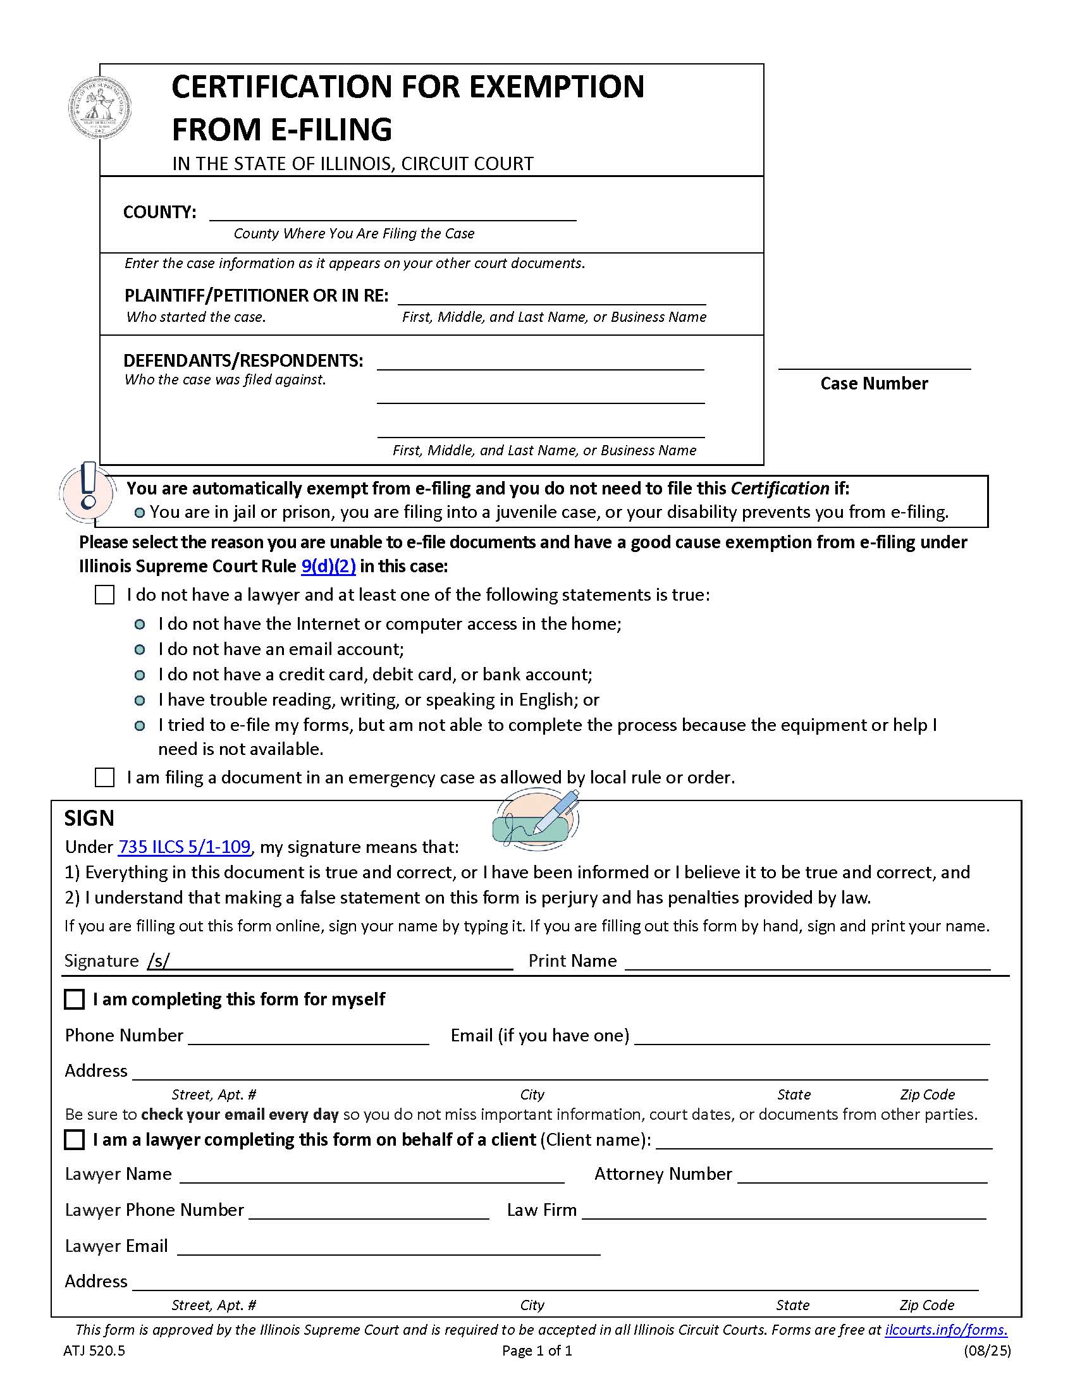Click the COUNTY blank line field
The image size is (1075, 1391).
(392, 212)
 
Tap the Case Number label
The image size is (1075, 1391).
(874, 383)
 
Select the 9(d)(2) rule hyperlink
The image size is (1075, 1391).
(328, 567)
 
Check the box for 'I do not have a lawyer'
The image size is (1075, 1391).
(104, 595)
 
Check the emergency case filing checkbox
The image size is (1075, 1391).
(104, 778)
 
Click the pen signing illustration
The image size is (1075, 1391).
(537, 819)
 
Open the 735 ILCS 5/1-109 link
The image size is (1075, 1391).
(184, 847)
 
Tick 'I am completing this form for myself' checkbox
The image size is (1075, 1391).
(75, 999)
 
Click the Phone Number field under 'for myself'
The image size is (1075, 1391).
(308, 1036)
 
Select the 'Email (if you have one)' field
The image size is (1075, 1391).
(811, 1036)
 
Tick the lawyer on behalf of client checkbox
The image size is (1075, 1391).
(75, 1139)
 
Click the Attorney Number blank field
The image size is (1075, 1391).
(862, 1175)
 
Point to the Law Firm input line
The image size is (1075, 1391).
(783, 1211)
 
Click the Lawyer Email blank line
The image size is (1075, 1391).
(388, 1247)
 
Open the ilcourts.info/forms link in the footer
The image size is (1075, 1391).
(946, 1330)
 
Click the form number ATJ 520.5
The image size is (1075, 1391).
(94, 1351)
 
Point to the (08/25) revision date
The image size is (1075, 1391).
(986, 1351)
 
